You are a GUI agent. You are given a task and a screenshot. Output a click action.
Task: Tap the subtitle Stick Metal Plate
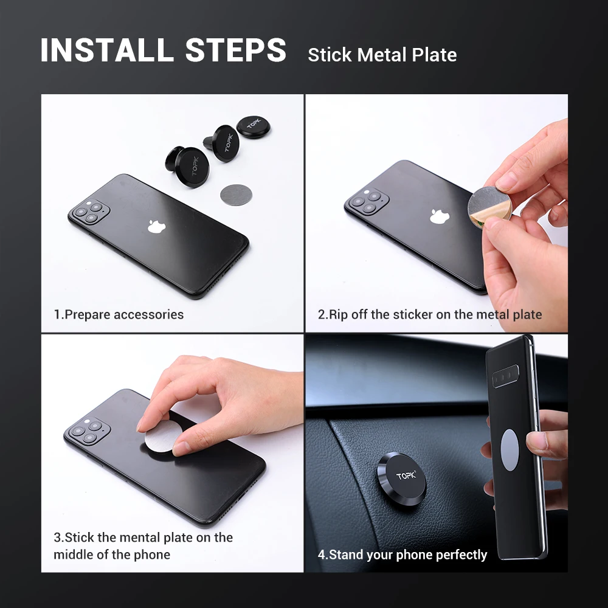pyautogui.click(x=382, y=55)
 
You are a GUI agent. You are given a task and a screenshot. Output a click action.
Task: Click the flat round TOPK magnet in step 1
pyautogui.click(x=253, y=128)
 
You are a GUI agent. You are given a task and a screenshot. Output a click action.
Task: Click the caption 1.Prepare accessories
pyautogui.click(x=119, y=314)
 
